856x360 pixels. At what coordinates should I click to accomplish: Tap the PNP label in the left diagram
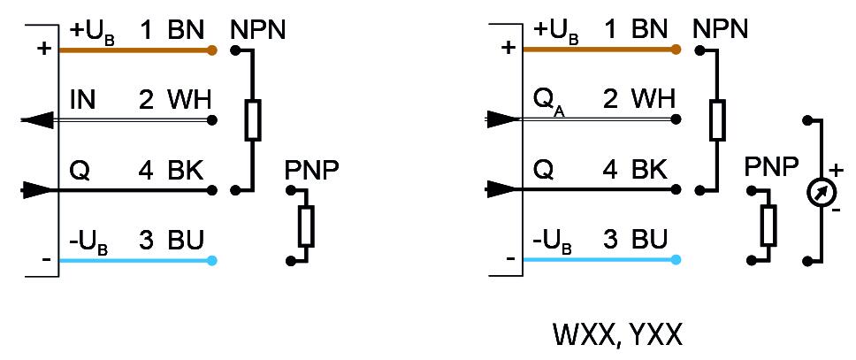pyautogui.click(x=310, y=171)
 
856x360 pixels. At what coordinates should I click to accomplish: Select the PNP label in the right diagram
pyautogui.click(x=771, y=168)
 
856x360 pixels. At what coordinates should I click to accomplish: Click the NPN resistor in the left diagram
pyautogui.click(x=253, y=120)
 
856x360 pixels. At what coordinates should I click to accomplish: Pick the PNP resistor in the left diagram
pyautogui.click(x=306, y=226)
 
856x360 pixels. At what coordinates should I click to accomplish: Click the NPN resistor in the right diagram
pyautogui.click(x=717, y=120)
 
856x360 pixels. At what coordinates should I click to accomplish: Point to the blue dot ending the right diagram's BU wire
pyautogui.click(x=676, y=260)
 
